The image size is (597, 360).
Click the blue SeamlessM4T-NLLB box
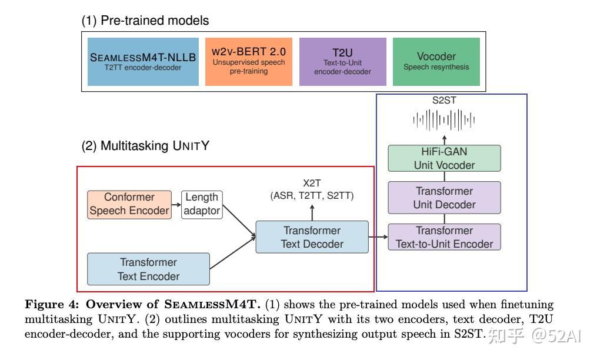[x=143, y=62]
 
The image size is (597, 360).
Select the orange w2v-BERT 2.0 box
[x=249, y=62]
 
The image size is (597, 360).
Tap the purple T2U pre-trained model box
[x=343, y=62]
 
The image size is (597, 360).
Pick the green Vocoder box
[x=436, y=62]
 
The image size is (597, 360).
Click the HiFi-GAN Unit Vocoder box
[x=444, y=158]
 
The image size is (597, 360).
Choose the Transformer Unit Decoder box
[x=444, y=198]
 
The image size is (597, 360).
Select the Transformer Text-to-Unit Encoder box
[x=444, y=237]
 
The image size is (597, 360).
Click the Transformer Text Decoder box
[x=312, y=237]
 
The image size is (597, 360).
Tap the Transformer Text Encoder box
[x=148, y=269]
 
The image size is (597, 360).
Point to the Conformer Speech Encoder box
[x=129, y=205]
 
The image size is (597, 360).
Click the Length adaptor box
[x=202, y=205]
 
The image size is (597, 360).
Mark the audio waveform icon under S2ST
[x=444, y=120]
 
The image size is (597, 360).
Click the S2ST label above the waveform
[x=444, y=101]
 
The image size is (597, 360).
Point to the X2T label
[x=312, y=184]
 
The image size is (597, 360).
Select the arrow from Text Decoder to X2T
[x=312, y=212]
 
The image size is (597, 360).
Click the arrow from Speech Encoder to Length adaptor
[x=176, y=205]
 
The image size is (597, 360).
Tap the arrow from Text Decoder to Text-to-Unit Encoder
[x=378, y=237]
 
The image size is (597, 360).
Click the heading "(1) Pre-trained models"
[x=145, y=21]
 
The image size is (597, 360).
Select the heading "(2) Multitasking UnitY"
[x=145, y=146]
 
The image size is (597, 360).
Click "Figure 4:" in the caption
[x=52, y=305]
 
